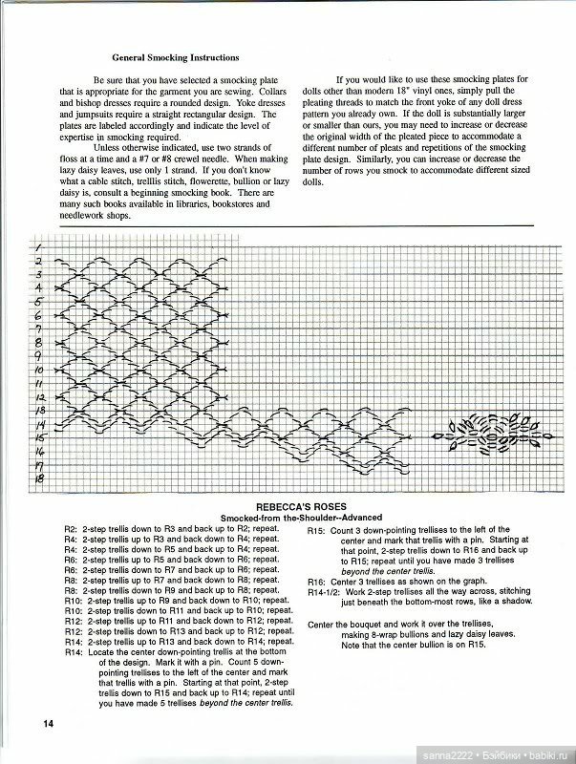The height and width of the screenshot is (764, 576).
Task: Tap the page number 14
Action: pyautogui.click(x=48, y=722)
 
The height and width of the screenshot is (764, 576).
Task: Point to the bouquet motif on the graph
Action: pyautogui.click(x=486, y=434)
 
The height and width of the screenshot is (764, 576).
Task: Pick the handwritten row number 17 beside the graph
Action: pyautogui.click(x=40, y=465)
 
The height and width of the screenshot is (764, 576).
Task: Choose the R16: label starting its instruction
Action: pyautogui.click(x=316, y=582)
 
